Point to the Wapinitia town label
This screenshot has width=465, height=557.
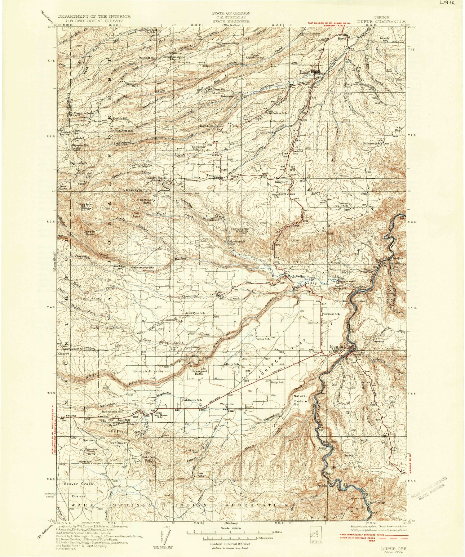(227, 404)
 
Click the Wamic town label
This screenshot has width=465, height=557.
(223, 292)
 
